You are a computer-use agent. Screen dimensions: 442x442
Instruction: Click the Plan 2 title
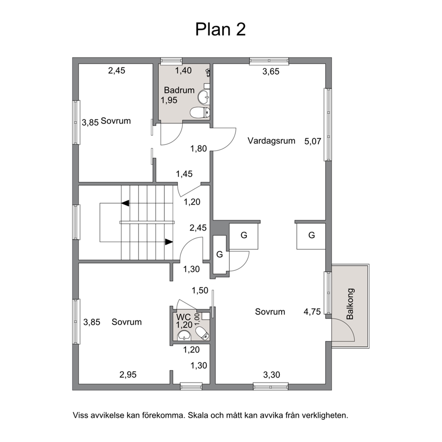click(221, 29)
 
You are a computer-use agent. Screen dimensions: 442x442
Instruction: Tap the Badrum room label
click(179, 90)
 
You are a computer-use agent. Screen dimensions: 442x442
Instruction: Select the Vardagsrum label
click(271, 141)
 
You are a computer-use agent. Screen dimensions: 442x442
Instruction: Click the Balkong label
click(350, 304)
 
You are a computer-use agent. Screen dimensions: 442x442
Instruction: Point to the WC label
click(184, 317)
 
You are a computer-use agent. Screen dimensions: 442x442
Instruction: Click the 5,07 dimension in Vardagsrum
click(313, 141)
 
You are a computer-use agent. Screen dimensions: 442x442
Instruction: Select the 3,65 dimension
click(271, 72)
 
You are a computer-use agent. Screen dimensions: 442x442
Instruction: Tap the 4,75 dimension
click(312, 312)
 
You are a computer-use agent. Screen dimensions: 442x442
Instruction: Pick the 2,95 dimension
click(128, 375)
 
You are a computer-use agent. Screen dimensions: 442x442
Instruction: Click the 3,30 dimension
click(272, 375)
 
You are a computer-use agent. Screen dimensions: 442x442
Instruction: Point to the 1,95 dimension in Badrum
click(169, 100)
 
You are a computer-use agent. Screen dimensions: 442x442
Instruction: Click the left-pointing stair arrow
click(126, 203)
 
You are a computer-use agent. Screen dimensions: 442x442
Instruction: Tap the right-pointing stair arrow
click(169, 242)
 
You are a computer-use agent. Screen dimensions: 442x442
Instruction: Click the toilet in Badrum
click(200, 112)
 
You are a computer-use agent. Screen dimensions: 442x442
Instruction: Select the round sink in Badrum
click(204, 97)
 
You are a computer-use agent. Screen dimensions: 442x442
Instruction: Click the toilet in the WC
click(202, 333)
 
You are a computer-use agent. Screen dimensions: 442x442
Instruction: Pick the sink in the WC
click(184, 336)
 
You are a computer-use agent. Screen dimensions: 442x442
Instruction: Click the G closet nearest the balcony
click(311, 235)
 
